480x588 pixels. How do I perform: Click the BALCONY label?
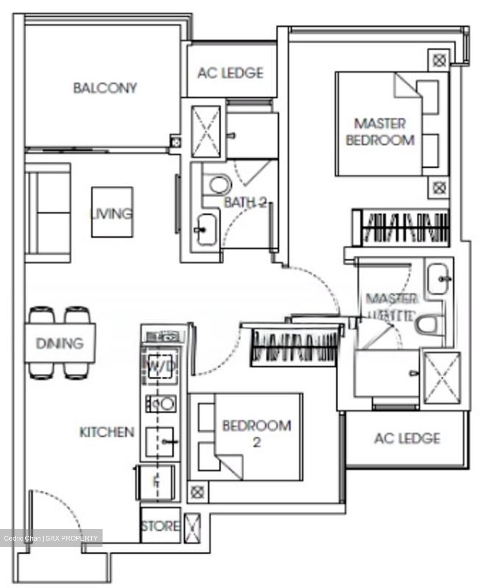(x=105, y=88)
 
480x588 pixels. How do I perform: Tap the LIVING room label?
(x=112, y=213)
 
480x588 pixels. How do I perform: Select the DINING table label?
(x=60, y=343)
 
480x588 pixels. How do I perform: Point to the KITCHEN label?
(x=107, y=432)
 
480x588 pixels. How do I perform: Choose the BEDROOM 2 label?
(x=257, y=433)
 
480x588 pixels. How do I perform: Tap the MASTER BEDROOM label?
(x=380, y=131)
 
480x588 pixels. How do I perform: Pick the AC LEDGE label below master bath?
(x=407, y=439)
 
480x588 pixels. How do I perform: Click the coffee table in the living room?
(x=112, y=212)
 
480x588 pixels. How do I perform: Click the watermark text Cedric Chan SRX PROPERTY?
(x=51, y=538)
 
